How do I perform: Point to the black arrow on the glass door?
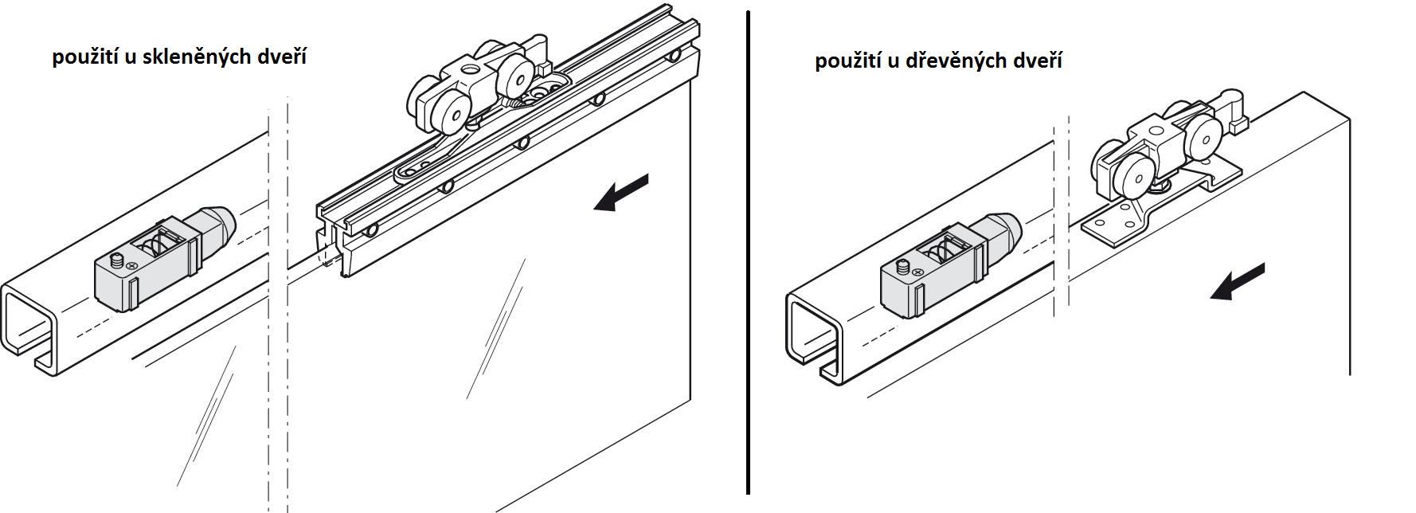pyautogui.click(x=621, y=193)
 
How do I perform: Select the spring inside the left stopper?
pyautogui.click(x=162, y=242)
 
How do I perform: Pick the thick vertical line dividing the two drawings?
pyautogui.click(x=748, y=252)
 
